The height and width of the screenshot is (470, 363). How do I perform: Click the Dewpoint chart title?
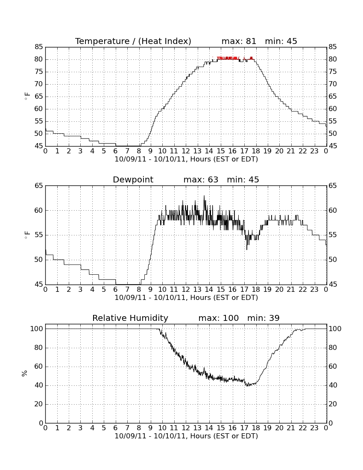133,179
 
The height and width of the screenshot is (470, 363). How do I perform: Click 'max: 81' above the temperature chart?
239,41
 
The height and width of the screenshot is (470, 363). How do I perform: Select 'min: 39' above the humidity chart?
263,318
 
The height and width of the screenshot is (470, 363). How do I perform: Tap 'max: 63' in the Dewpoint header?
201,179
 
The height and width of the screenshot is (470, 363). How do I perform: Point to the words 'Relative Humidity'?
130,318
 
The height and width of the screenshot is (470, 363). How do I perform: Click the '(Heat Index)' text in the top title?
165,41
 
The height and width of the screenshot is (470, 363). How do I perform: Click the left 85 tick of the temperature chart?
38,47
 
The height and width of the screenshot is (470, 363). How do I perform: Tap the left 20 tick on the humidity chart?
38,404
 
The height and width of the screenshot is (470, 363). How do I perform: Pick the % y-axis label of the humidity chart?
25,373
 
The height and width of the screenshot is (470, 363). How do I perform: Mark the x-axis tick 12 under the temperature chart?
186,151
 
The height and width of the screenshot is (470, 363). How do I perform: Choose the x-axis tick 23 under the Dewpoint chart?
314,290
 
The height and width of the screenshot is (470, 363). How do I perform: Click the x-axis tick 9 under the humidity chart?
150,428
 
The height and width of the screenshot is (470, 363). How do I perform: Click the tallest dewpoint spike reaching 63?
204,196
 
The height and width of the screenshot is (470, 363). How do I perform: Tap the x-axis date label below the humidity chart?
186,436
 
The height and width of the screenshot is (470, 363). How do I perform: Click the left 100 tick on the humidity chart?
37,329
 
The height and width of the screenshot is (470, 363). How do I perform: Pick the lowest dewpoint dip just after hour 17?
247,249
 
